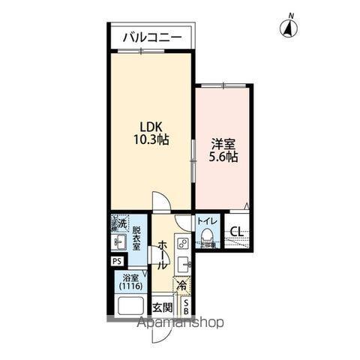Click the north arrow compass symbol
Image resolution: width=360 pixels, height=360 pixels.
tap(287, 28)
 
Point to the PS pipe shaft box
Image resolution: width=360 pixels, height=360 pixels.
tap(115, 261)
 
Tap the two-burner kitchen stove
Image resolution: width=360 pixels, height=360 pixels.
tap(182, 243)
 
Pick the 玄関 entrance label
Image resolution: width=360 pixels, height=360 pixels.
tap(163, 307)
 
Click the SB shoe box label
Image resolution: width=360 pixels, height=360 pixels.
tap(186, 306)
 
